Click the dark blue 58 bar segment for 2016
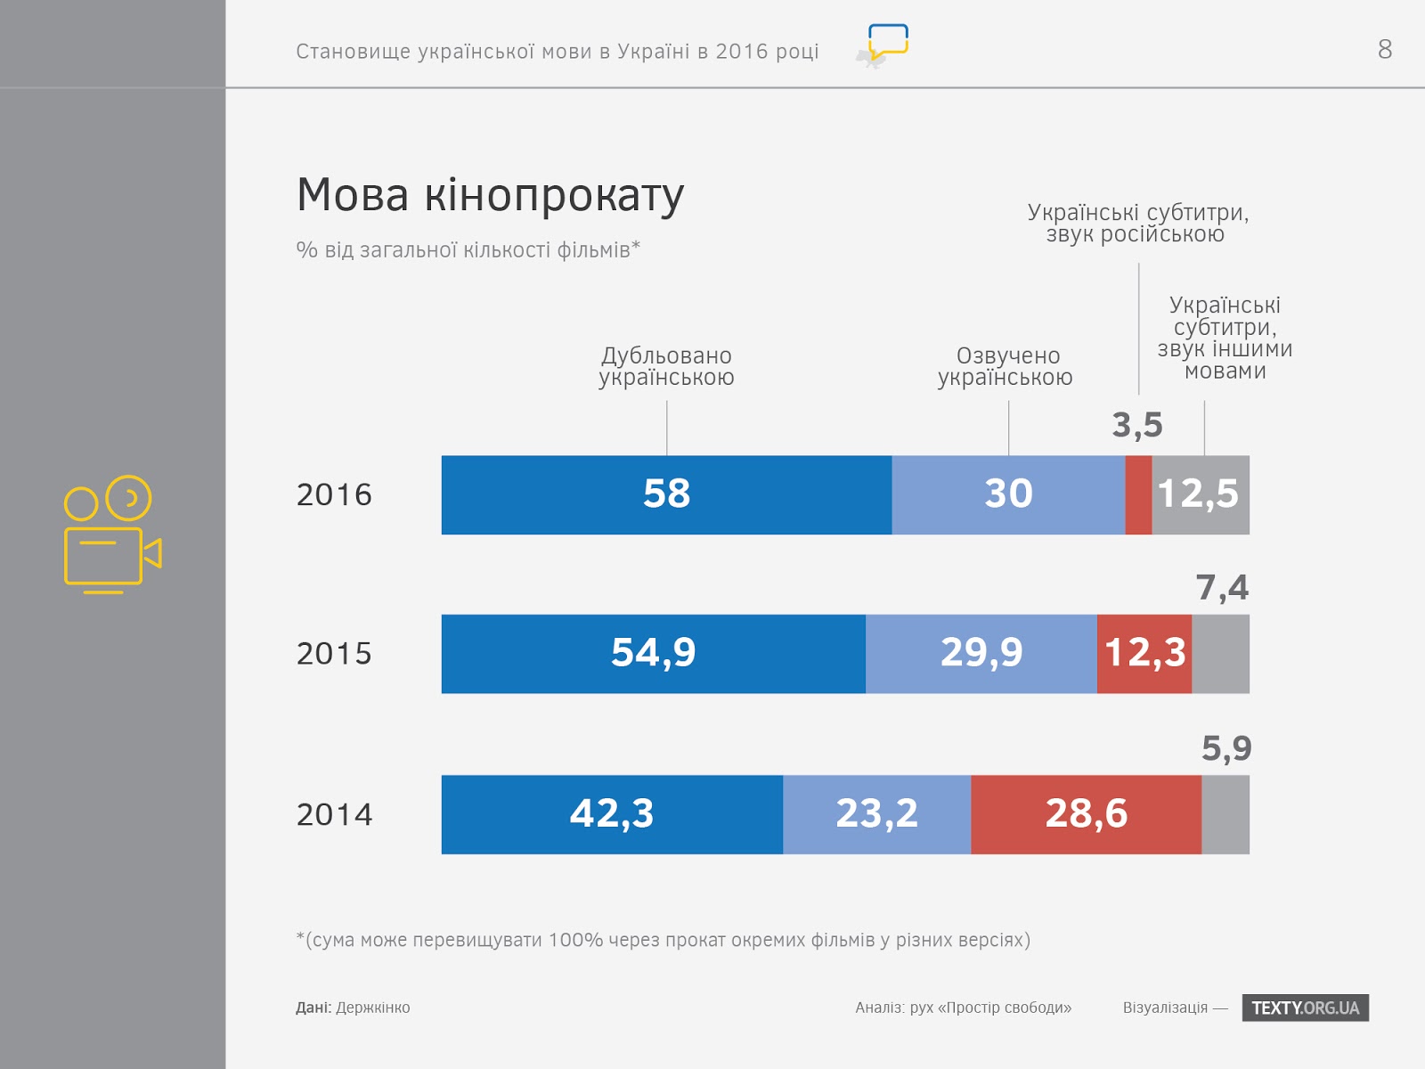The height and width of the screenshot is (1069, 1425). click(666, 494)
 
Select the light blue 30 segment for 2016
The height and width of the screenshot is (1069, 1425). click(1008, 494)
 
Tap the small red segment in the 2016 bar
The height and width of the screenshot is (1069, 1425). click(1138, 494)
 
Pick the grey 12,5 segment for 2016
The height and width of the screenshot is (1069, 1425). click(1200, 494)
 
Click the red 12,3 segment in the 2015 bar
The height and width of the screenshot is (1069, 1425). click(1144, 653)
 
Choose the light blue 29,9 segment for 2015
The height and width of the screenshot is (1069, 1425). click(981, 653)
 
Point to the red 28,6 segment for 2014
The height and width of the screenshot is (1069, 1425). click(1086, 814)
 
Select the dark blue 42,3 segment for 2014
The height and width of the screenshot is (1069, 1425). click(612, 814)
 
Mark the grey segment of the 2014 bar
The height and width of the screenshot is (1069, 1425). click(1225, 814)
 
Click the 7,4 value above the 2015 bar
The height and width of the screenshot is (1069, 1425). click(1222, 588)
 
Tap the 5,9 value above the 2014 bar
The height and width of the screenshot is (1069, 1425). click(1226, 748)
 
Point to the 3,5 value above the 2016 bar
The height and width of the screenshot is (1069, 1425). click(1137, 425)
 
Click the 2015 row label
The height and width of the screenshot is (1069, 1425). click(334, 653)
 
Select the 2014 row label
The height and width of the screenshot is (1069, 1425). click(334, 814)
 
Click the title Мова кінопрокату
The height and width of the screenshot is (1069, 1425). click(490, 195)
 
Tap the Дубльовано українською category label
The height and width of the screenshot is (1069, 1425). click(666, 366)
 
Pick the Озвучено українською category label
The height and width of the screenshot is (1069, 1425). click(1006, 366)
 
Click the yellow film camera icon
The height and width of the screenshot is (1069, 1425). click(112, 534)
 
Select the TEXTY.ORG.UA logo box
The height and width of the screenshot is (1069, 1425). click(1305, 1008)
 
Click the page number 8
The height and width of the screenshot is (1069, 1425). click(1384, 50)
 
